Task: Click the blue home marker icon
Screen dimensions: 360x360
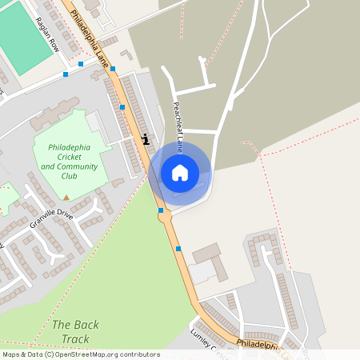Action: pos(180,172)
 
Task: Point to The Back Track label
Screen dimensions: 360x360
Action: pos(75,332)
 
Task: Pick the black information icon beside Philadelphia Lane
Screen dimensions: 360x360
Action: pos(145,138)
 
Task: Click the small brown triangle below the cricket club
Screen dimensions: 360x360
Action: pos(66,197)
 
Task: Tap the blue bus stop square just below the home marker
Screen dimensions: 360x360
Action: pos(161,210)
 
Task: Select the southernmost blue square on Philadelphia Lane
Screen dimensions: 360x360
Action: pos(178,249)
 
